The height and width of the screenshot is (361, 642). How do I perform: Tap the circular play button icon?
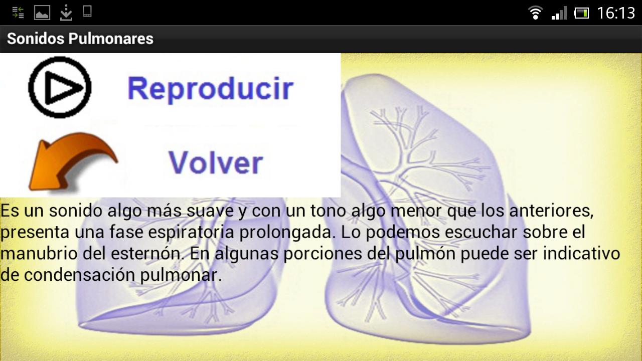(x=60, y=87)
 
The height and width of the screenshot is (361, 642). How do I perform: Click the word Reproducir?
(x=210, y=89)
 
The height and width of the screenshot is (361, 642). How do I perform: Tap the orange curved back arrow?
(x=70, y=160)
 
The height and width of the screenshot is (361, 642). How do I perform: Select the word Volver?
(x=216, y=162)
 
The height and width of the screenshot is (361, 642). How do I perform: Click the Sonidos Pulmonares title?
(x=80, y=39)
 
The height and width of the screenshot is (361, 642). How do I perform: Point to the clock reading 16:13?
(x=616, y=13)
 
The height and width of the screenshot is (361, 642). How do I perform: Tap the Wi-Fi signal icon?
(x=535, y=13)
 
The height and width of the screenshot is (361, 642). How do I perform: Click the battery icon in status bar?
(x=581, y=13)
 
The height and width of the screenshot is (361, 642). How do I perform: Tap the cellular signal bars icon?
(x=559, y=13)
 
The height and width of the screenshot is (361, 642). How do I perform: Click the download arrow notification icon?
(x=66, y=13)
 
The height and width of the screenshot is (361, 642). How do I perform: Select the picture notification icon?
(x=42, y=13)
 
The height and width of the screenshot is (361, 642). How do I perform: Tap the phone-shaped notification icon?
(x=87, y=12)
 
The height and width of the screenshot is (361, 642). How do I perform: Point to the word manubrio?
(x=39, y=254)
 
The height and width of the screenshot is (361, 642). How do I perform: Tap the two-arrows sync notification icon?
(x=18, y=13)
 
